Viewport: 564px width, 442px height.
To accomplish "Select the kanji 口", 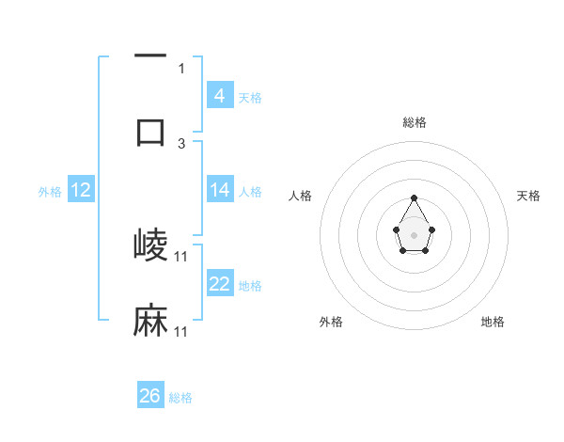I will coord(151,131).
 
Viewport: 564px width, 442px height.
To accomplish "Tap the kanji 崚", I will coord(151,245).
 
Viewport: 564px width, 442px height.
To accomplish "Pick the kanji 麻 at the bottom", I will coord(151,321).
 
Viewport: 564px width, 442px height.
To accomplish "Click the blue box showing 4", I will coord(219,95).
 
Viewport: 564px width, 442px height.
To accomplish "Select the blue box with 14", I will coord(219,190).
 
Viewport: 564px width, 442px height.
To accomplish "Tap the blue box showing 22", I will coord(219,284).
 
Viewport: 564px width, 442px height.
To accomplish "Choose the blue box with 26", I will coord(150,396).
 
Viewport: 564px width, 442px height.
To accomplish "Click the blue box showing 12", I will coord(80,190).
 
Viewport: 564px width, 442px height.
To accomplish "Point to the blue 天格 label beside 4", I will coord(250,97).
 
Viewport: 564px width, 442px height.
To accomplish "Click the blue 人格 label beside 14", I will coord(250,191).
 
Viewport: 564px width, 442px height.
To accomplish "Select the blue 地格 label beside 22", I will coord(250,285).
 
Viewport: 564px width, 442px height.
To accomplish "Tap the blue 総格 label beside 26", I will coord(180,398).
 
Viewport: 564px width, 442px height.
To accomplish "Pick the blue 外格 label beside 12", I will coord(49,191).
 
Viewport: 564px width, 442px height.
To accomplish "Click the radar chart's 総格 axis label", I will coord(414,122).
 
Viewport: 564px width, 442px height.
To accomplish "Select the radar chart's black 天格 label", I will coord(528,196).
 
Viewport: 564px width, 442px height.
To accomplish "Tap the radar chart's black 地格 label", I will coord(493,322).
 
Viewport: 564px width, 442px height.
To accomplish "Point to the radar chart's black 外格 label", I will coord(332,322).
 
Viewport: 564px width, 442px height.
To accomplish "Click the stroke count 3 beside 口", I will coord(181,144).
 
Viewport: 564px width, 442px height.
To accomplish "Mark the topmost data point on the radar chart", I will coord(414,197).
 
